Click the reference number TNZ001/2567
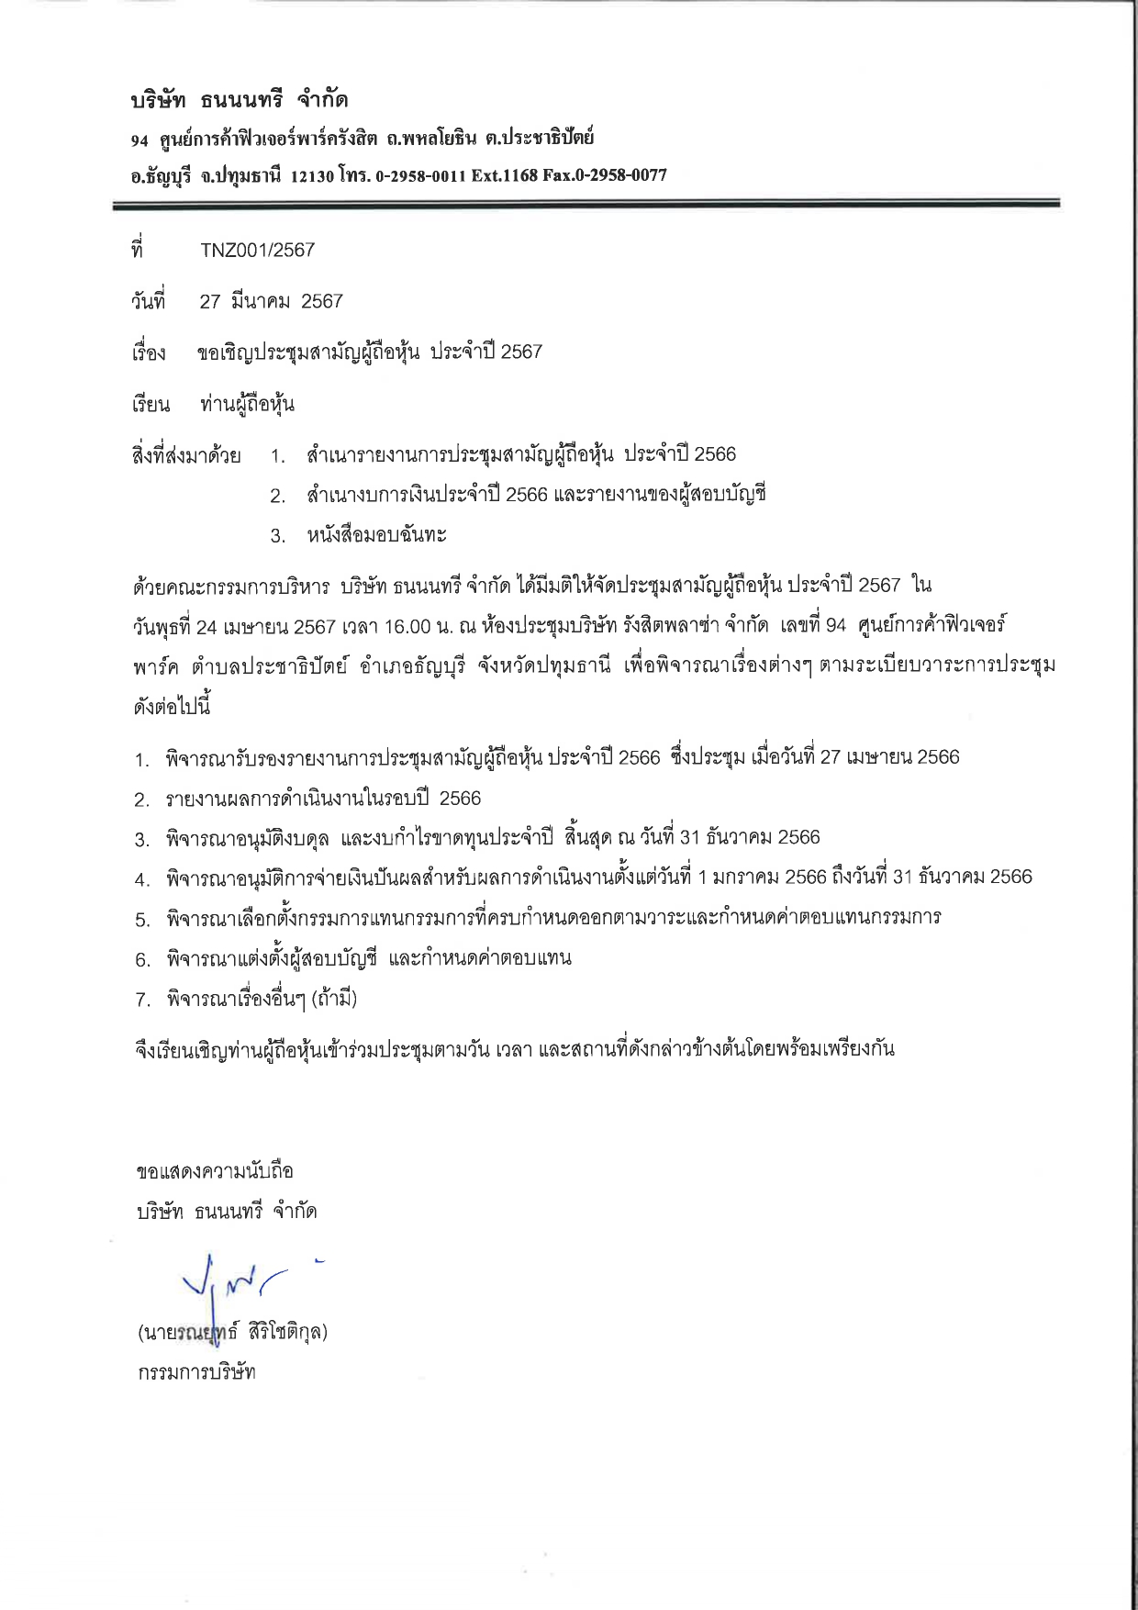tap(257, 250)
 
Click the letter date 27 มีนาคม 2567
tap(271, 301)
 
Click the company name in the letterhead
tap(240, 99)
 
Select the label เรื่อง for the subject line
tap(149, 353)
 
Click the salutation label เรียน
tap(151, 405)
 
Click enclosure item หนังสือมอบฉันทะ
tap(377, 534)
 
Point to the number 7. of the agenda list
tap(142, 1000)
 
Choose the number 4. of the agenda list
tap(142, 878)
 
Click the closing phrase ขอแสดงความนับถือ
tap(214, 1171)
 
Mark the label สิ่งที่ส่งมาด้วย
tap(186, 455)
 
